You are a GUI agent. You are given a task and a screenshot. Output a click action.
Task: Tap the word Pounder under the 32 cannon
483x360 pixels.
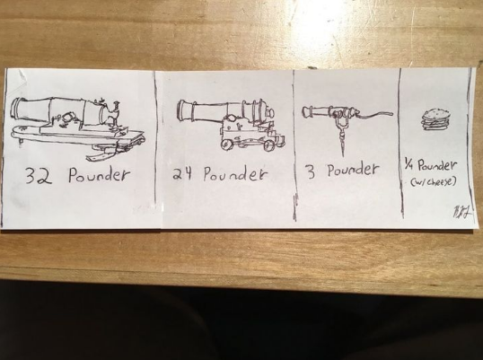coord(99,174)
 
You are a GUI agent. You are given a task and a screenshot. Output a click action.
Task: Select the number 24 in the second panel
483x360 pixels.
coord(182,174)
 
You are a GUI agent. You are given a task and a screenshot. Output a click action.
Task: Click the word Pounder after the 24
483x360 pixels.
coord(235,174)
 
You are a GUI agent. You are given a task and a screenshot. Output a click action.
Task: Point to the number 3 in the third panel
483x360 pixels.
coord(312,172)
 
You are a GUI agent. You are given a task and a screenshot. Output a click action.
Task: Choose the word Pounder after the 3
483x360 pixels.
coord(353,170)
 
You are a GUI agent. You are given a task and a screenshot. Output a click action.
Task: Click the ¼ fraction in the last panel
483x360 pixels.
coord(408,165)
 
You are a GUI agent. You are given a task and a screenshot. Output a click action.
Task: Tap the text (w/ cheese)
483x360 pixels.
coord(433,181)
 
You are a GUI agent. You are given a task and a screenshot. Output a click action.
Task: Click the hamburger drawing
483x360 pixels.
coord(435,119)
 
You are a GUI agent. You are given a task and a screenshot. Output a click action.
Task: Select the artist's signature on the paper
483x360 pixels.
coord(462,212)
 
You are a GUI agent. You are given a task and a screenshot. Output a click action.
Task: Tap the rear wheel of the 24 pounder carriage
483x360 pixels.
coord(269,145)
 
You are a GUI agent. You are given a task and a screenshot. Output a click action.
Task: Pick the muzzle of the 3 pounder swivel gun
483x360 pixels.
coord(306,111)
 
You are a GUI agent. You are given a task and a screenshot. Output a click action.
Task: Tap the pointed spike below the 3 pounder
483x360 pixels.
coord(342,144)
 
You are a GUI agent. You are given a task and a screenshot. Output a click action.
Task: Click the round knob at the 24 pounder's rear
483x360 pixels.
coord(270,112)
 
